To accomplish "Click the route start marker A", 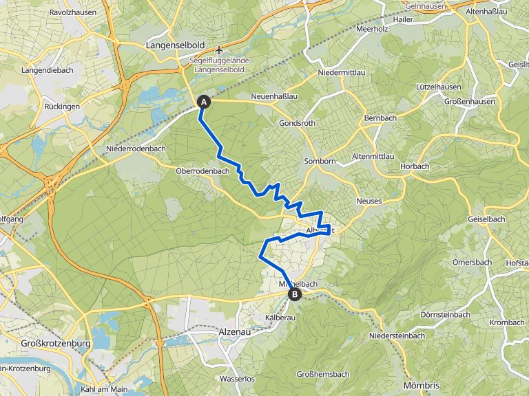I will click(204, 102).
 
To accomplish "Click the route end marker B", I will click(295, 294).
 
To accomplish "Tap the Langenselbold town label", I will click(175, 45).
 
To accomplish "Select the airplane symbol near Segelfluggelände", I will click(219, 50).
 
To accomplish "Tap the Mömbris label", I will click(422, 385).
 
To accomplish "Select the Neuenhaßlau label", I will click(274, 96).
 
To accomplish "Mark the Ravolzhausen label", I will click(72, 12).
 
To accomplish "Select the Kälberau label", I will click(280, 318).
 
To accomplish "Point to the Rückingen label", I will click(62, 107).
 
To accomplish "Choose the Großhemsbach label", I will click(322, 374).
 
